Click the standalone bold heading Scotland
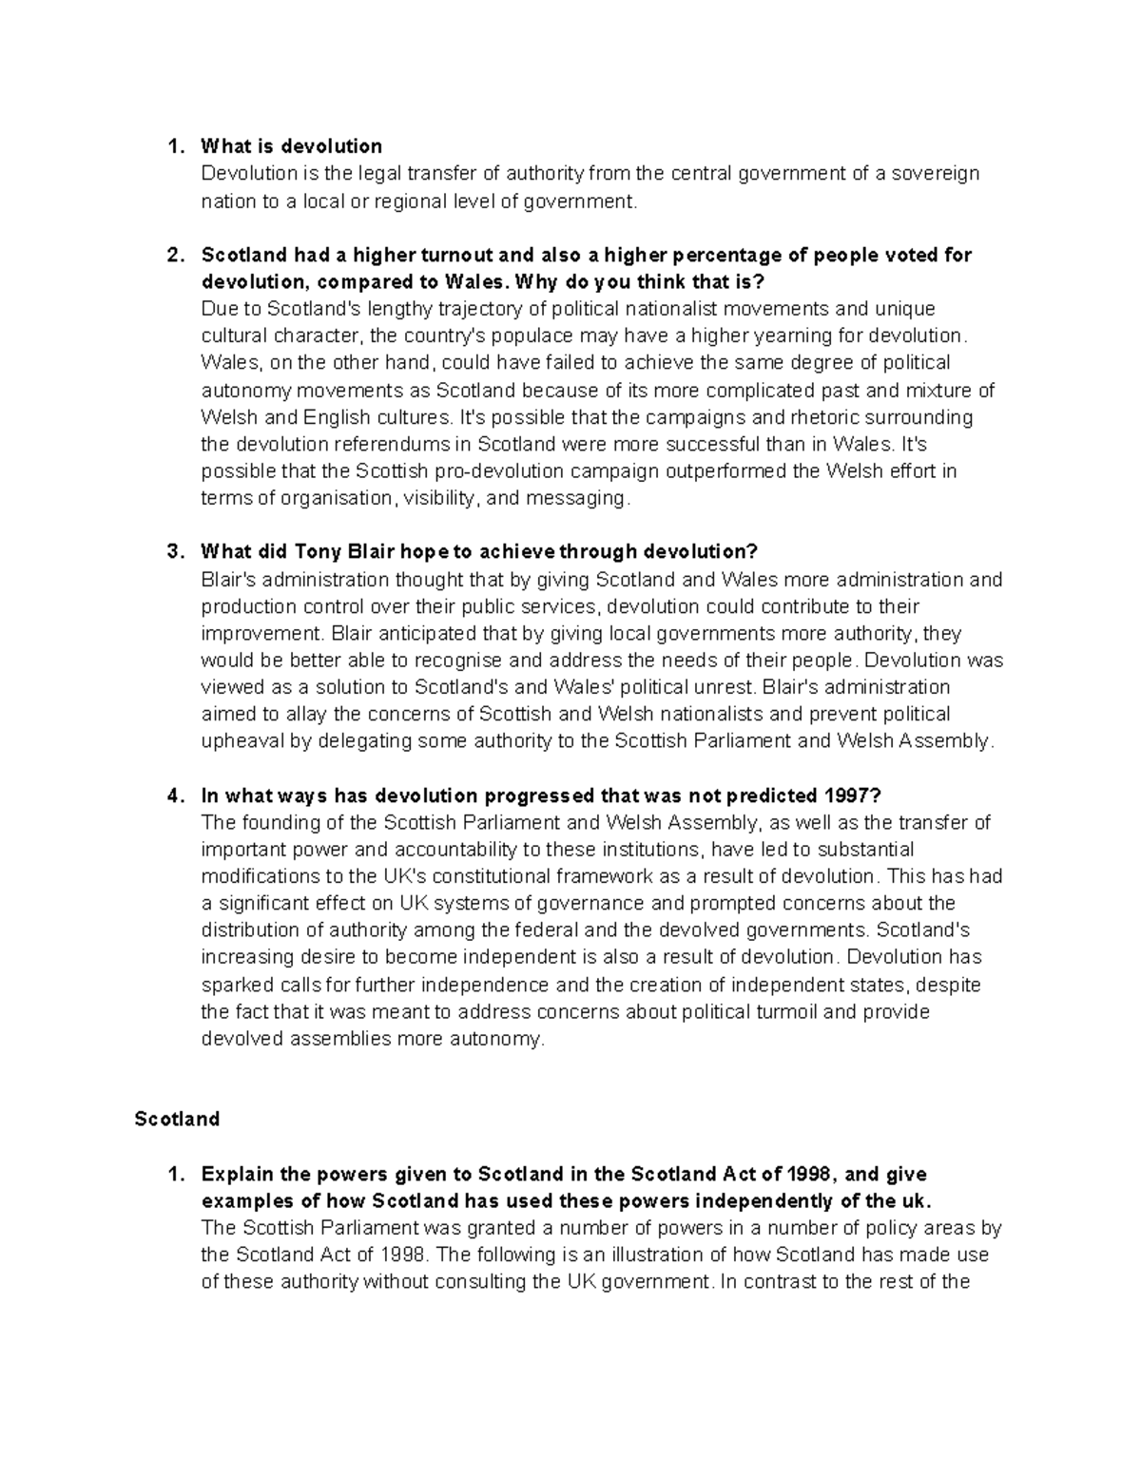(177, 1119)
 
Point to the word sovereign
(937, 173)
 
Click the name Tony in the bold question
(317, 552)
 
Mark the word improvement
(251, 633)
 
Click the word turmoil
(783, 1011)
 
